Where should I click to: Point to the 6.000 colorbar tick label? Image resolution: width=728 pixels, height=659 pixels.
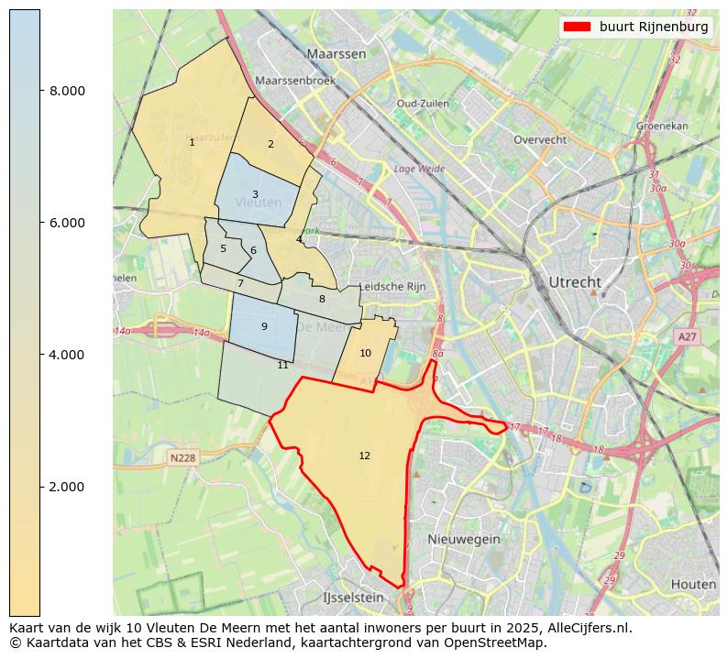click(x=67, y=223)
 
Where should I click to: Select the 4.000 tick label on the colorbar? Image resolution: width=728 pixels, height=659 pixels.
click(x=67, y=355)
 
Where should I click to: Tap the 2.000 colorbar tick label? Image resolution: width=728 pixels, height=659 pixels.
click(x=67, y=487)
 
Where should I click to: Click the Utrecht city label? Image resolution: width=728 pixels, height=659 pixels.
click(x=574, y=281)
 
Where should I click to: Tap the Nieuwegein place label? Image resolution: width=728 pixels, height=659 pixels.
click(x=464, y=539)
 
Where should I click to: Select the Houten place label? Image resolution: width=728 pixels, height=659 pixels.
click(x=693, y=584)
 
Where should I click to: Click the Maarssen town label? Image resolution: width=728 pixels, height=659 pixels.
click(x=336, y=54)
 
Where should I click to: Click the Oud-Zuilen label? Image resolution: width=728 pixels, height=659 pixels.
click(x=423, y=104)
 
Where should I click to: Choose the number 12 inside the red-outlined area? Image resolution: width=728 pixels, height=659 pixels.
click(x=365, y=456)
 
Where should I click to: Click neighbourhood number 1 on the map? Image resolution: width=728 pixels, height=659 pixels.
click(x=192, y=142)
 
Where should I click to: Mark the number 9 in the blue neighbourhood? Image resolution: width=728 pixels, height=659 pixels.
click(x=264, y=326)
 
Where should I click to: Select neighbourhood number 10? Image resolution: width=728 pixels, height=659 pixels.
click(x=365, y=353)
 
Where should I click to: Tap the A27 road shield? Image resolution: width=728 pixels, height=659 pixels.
click(x=688, y=337)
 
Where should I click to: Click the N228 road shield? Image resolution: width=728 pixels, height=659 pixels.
click(x=183, y=457)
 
